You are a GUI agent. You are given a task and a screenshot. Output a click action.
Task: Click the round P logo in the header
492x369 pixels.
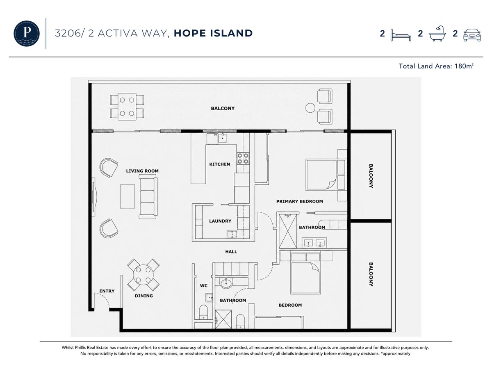tap(27, 33)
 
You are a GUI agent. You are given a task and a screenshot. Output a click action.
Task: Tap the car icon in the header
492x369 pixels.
tap(472, 35)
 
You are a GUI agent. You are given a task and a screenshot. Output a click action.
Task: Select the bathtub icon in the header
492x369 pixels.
tap(437, 34)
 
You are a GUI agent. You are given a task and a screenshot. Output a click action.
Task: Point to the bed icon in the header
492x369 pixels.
tap(401, 35)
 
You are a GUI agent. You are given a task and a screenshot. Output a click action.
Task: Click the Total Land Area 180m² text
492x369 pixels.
tap(436, 66)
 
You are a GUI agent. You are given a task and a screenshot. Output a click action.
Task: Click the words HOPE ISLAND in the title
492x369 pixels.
tap(213, 33)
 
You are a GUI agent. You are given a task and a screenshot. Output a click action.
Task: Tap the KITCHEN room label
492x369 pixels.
tap(220, 164)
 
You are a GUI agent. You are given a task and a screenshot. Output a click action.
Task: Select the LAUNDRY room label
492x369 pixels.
tap(220, 221)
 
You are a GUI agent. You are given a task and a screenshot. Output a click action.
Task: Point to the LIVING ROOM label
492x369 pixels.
tap(142, 171)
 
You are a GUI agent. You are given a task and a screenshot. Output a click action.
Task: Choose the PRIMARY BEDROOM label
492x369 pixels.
tap(299, 201)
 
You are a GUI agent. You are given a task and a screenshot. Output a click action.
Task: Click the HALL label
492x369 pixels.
tap(231, 252)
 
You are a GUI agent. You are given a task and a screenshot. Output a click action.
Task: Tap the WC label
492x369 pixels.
tap(204, 286)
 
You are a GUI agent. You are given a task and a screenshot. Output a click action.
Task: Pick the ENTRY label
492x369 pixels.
tap(107, 291)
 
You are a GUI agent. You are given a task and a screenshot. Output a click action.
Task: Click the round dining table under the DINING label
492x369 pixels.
tap(143, 275)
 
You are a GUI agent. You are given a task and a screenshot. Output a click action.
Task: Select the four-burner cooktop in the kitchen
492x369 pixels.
tap(243, 158)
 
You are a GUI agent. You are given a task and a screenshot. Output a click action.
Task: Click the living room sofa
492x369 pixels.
tap(148, 197)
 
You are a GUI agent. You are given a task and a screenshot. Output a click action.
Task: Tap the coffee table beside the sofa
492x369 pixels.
tap(128, 196)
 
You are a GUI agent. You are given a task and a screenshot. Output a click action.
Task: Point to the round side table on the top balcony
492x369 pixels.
tap(310, 108)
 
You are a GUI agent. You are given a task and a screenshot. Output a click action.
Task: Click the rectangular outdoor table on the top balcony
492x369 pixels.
tap(127, 107)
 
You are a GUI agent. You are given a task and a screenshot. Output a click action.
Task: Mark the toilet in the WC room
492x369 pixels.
tap(203, 312)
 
